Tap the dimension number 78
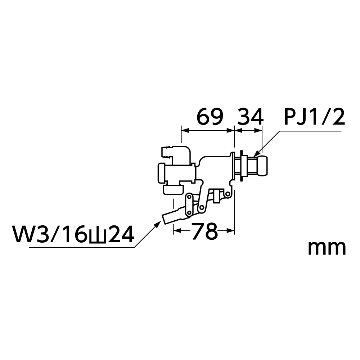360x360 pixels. click(x=205, y=231)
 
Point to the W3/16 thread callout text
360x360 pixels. click(x=73, y=235)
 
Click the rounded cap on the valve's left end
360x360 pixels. click(x=161, y=172)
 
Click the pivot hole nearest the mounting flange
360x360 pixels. click(x=227, y=194)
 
